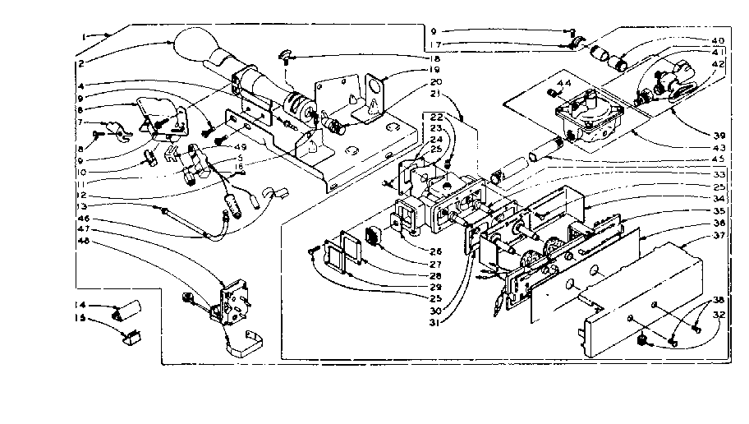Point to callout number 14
pyautogui.click(x=80, y=306)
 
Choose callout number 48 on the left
pyautogui.click(x=82, y=242)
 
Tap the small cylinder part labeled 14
pyautogui.click(x=128, y=311)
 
